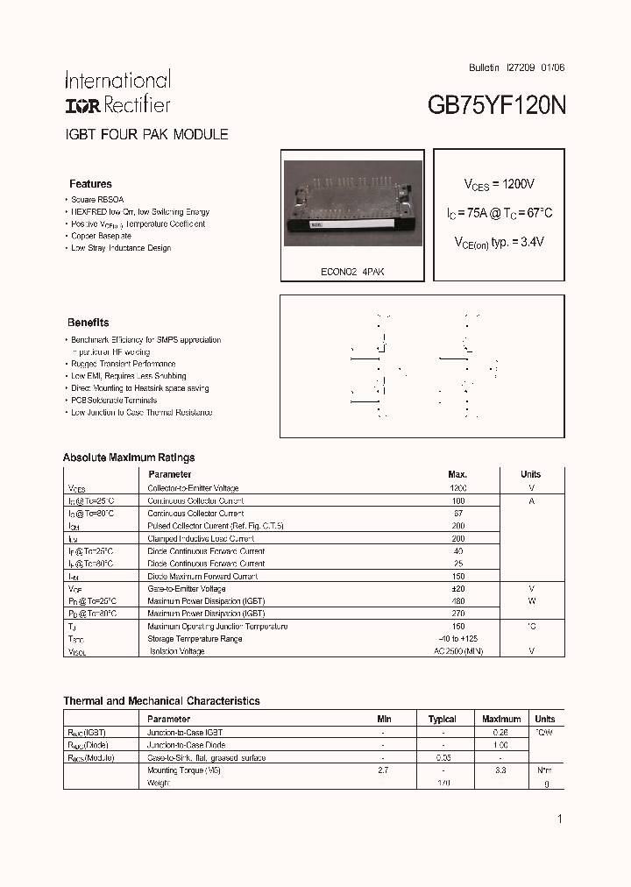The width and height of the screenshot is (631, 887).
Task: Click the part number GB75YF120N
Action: [496, 106]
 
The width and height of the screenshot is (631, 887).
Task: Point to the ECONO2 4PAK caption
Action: [351, 272]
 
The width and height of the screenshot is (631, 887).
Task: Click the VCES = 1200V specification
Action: [499, 184]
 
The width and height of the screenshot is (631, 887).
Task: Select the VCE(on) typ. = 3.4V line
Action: [499, 242]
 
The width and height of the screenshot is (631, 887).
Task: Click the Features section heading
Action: [90, 184]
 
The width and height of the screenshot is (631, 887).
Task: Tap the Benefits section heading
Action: [89, 323]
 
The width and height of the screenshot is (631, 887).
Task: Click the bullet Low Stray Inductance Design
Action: [121, 248]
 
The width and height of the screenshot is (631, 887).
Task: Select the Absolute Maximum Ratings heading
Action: [129, 458]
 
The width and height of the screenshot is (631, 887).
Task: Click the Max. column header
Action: [457, 474]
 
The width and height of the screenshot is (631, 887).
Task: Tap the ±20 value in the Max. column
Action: [457, 589]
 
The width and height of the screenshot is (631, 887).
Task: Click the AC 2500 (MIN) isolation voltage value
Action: [457, 651]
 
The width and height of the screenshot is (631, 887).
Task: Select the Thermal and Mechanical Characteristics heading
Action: [161, 701]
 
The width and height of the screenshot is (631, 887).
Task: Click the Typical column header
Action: [442, 719]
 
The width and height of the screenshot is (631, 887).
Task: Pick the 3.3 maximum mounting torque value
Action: [500, 770]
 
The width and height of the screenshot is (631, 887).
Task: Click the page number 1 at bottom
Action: [559, 819]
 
